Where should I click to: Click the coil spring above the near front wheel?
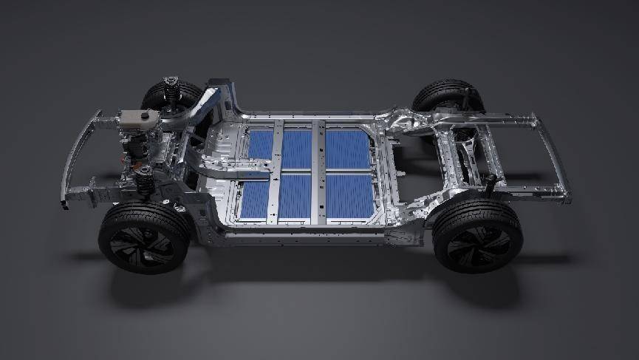pyautogui.click(x=145, y=180)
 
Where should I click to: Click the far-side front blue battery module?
pyautogui.click(x=260, y=144)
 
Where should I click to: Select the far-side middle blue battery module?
pyautogui.click(x=297, y=149)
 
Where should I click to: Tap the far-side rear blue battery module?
pyautogui.click(x=348, y=149)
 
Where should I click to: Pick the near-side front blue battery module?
pyautogui.click(x=255, y=198)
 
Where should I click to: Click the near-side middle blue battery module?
pyautogui.click(x=295, y=195)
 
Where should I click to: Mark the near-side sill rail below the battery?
pyautogui.click(x=310, y=238)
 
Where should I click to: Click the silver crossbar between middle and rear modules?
pyautogui.click(x=318, y=174)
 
